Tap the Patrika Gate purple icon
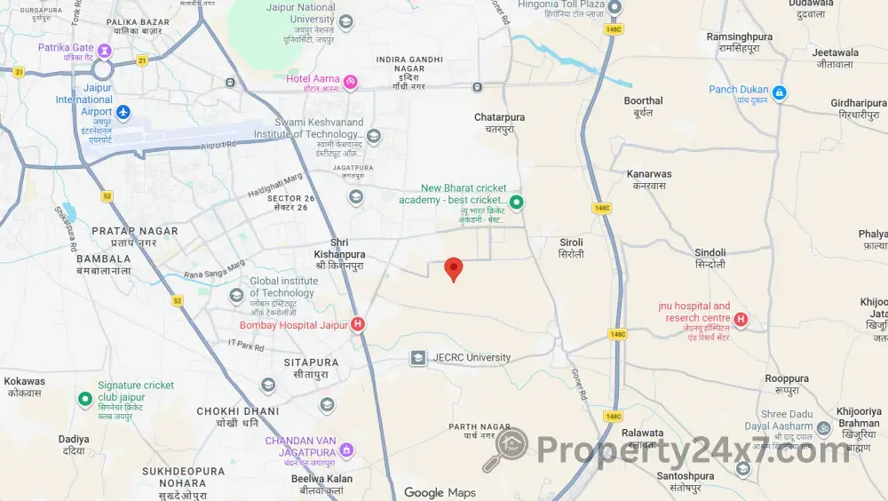pos(105,50)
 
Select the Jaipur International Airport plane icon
pos(123,112)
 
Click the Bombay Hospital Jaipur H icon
pos(358,325)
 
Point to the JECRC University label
pos(472,358)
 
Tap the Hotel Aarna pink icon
pos(351,83)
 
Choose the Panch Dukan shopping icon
pos(780,92)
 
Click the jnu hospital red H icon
pos(741,320)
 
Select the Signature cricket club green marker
pos(85,399)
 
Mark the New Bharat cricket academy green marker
pos(516,203)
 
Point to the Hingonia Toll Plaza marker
pos(614,6)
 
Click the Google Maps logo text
pos(440,493)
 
